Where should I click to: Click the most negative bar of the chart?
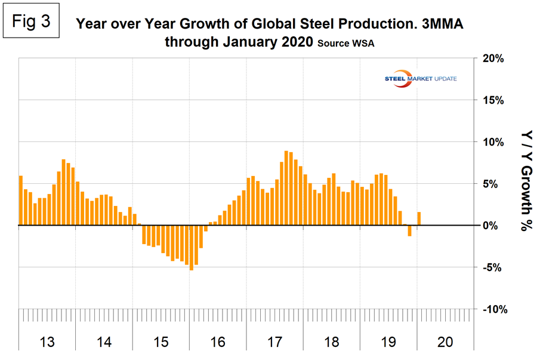192,248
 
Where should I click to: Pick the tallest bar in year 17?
286,188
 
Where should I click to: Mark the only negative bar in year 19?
410,230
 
